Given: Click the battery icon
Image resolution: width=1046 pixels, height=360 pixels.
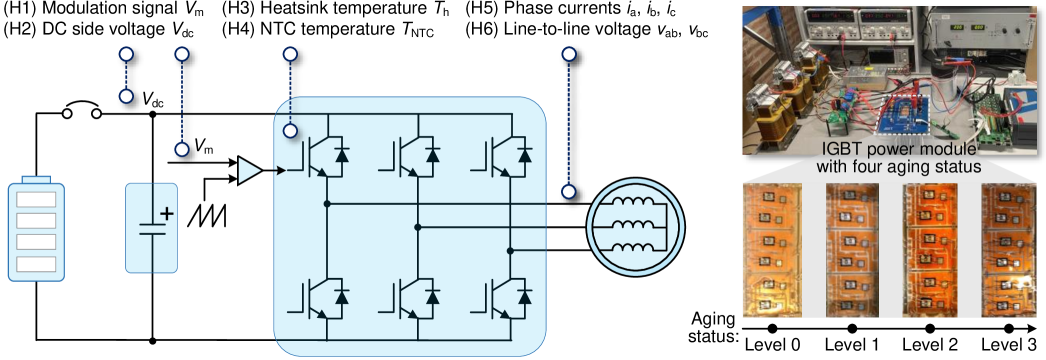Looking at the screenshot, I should click(x=36, y=229).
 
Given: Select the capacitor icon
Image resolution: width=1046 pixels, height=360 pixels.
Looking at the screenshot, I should click(x=151, y=228).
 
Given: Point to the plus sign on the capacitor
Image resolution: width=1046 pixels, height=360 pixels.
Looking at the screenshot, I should click(x=166, y=213).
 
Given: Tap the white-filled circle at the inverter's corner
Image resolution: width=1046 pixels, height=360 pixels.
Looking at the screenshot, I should click(x=289, y=130).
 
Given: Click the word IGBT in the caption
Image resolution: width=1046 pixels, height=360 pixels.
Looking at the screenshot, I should click(x=837, y=150).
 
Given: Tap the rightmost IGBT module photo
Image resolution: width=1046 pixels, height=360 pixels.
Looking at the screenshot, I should click(x=1008, y=249).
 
